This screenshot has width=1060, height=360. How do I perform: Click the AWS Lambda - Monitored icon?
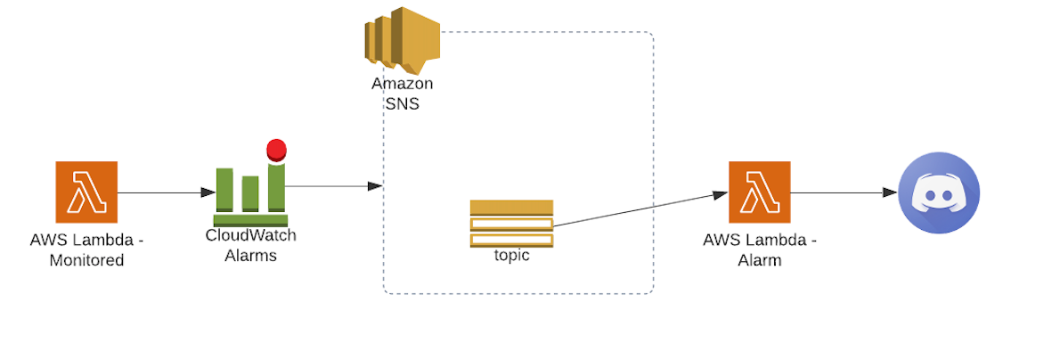pos(86,192)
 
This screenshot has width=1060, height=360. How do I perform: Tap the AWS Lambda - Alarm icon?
pos(759,192)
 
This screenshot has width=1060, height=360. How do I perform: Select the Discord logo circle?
pos(938,192)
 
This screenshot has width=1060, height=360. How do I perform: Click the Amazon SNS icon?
pos(402,41)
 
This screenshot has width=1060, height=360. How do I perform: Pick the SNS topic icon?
pos(511,224)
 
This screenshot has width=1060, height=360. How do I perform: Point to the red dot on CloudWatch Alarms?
pos(276,149)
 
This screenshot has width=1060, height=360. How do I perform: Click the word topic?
pos(511,256)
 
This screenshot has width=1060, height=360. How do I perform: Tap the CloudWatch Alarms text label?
pos(250,245)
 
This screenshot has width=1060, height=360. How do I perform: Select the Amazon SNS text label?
pos(402,94)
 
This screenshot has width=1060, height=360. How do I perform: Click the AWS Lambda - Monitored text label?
pos(86,250)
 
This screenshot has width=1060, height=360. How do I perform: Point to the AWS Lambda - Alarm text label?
pos(759,250)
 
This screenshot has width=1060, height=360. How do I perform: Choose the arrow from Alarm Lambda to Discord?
pos(843,192)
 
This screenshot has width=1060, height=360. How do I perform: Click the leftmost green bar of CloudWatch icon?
pos(224,190)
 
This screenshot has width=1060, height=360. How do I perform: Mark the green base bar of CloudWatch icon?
pos(250,219)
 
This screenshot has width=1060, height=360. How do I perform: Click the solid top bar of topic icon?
pos(511,207)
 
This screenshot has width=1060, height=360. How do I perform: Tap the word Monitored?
pos(86,260)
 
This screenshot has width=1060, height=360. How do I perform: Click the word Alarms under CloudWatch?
pos(250,256)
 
